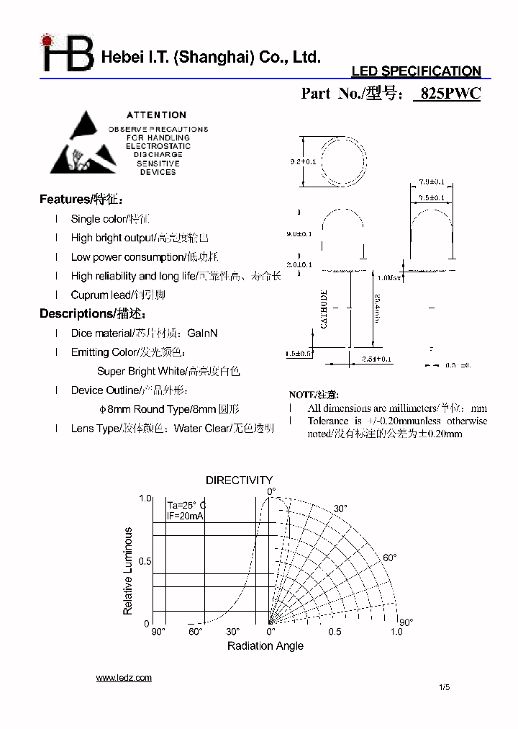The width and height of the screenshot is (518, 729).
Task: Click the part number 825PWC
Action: pyautogui.click(x=447, y=94)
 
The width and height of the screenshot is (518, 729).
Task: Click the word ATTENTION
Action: pyautogui.click(x=156, y=115)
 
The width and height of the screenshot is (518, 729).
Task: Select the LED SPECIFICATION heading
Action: pyautogui.click(x=415, y=71)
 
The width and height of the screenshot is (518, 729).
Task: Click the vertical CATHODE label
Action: pyautogui.click(x=324, y=310)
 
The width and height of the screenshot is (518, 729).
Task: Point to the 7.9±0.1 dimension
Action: pyautogui.click(x=431, y=182)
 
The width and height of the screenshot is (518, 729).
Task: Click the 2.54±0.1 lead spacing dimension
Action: pyautogui.click(x=376, y=358)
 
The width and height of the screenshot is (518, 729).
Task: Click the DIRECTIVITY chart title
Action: pyautogui.click(x=240, y=480)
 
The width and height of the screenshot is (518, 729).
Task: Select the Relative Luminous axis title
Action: pyautogui.click(x=128, y=571)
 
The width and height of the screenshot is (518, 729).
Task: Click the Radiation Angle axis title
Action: pyautogui.click(x=265, y=645)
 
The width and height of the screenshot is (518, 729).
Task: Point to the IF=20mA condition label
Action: pyautogui.click(x=183, y=516)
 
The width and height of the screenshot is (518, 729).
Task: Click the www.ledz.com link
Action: pyautogui.click(x=124, y=677)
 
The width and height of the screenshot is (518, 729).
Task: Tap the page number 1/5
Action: pyautogui.click(x=444, y=687)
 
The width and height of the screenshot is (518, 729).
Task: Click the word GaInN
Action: pyautogui.click(x=202, y=334)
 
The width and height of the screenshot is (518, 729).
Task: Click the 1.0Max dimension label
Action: pyautogui.click(x=388, y=277)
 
